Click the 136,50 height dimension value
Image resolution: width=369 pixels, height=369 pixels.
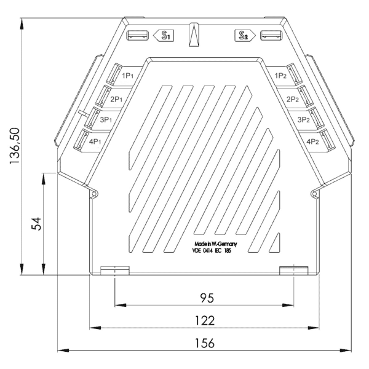(x=15, y=146)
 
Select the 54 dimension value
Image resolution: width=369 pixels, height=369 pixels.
(x=36, y=224)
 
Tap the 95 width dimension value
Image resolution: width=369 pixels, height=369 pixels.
(x=207, y=298)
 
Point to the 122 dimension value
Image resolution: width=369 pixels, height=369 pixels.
(x=205, y=320)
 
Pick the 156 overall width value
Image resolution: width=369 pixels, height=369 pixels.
(x=205, y=343)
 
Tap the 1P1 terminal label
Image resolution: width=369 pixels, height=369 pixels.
(x=128, y=76)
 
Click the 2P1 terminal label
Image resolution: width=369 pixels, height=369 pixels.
(x=116, y=99)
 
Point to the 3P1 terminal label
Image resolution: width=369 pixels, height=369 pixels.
(x=106, y=119)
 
